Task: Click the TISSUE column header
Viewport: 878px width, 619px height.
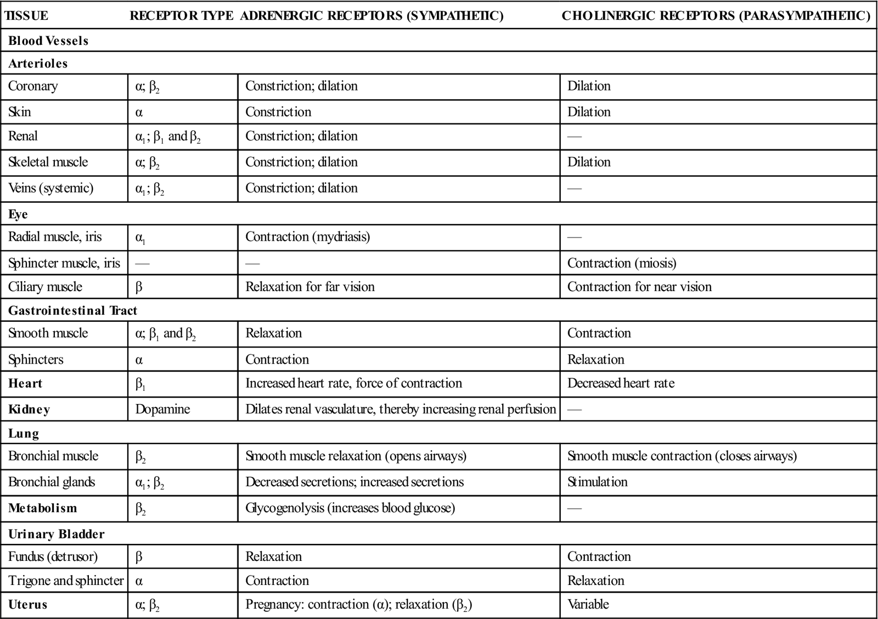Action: point(26,16)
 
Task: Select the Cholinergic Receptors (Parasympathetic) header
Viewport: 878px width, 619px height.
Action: point(716,16)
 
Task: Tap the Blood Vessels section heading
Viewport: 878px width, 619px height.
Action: point(48,41)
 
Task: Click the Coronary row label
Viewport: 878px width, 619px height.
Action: point(33,86)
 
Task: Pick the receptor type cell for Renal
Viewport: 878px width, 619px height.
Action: point(168,137)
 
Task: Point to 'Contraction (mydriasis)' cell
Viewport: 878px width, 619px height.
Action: point(307,237)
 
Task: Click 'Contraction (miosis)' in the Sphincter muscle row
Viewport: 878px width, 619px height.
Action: point(622,263)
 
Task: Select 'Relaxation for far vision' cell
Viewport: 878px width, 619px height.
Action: point(310,287)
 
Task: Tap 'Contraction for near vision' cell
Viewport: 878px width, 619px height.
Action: point(639,287)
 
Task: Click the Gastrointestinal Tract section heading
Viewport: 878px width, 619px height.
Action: point(72,310)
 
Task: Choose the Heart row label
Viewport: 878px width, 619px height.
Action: point(25,383)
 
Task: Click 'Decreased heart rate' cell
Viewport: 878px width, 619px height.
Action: point(621,383)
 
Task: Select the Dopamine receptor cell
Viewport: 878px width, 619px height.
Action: point(162,410)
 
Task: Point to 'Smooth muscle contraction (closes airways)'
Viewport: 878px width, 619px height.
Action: point(682,456)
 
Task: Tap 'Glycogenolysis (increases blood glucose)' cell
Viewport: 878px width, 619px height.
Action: point(350,508)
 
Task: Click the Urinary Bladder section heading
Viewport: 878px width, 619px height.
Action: point(56,534)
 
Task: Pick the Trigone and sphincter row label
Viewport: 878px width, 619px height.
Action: point(66,581)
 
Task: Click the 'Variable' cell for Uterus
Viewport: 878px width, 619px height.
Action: point(588,605)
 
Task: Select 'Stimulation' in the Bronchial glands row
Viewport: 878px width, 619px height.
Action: point(597,482)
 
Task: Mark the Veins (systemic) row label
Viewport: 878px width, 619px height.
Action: point(50,189)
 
